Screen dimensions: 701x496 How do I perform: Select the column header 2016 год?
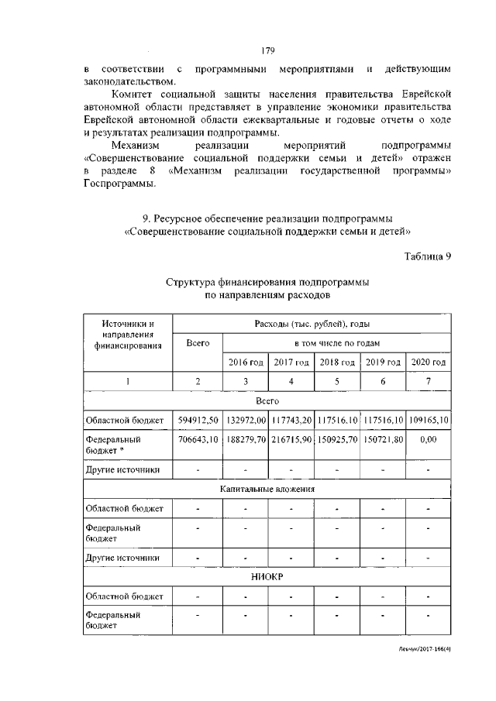(246, 362)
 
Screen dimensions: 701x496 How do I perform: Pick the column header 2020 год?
(429, 362)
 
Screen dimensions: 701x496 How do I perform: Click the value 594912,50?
(198, 420)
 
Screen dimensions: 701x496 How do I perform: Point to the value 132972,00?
(246, 420)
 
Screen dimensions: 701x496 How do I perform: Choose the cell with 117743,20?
(291, 420)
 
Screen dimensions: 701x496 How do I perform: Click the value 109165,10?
(429, 420)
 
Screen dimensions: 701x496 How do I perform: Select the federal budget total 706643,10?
(198, 439)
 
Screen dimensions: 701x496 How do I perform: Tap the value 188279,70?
(246, 439)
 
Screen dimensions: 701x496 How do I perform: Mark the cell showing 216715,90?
(291, 439)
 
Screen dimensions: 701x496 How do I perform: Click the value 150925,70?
(337, 439)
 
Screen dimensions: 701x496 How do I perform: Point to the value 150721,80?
(383, 439)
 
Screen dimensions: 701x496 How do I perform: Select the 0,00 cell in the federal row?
(429, 439)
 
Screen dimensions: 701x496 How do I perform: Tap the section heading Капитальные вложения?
(268, 490)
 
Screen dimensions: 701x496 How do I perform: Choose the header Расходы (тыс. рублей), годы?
(312, 323)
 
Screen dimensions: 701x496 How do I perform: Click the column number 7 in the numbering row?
(429, 381)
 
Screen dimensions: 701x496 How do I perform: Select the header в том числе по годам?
(336, 342)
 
